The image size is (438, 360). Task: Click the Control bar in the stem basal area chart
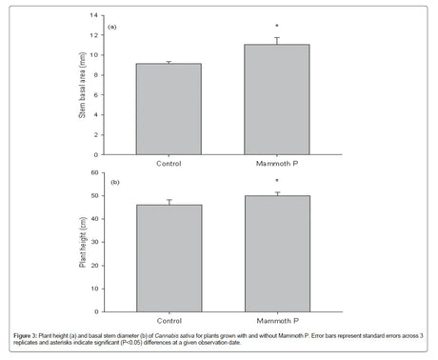pos(169,105)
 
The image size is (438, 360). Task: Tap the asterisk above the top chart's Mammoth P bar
pos(277,27)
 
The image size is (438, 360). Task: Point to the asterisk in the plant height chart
pos(277,182)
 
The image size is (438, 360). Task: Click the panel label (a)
pos(112,27)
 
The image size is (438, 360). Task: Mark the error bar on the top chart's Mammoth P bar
pos(277,41)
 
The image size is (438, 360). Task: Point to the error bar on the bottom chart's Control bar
pos(169,202)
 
